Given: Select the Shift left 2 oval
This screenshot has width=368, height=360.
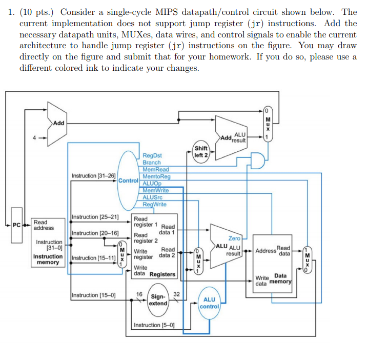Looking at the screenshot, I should coord(201,152).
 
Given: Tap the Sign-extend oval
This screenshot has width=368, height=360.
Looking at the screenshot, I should coord(157,300).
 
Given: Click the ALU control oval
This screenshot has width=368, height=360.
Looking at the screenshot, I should coord(210,303).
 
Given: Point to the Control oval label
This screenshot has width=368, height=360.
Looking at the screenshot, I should coord(129,181).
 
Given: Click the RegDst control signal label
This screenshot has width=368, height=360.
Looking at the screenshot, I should coord(152,155).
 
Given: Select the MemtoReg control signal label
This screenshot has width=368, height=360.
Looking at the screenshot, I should coord(156,176).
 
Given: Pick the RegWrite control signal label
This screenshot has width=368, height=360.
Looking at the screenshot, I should coord(155,204).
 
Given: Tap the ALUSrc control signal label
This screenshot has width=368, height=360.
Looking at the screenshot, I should coord(154,197).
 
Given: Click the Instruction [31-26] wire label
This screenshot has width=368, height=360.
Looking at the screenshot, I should coord(93,175).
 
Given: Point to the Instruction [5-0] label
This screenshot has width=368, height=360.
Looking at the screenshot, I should coord(154,325).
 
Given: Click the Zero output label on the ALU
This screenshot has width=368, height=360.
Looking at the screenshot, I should coord(234,238).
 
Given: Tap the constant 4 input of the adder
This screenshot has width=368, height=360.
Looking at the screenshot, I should coord(35,137).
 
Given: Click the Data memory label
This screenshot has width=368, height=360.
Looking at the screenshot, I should coord(280,278).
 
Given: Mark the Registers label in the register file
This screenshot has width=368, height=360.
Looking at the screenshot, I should coord(162,274).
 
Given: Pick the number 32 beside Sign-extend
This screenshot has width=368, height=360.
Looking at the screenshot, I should coord(177,294).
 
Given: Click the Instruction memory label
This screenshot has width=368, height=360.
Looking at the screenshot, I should coord(48,259).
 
